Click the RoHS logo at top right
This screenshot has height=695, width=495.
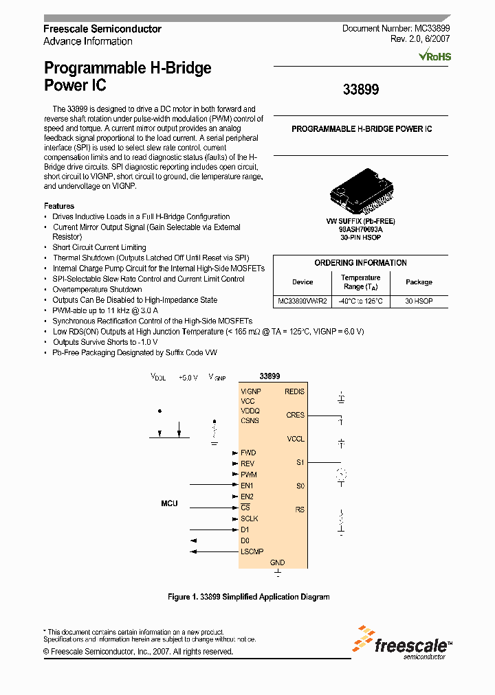(x=435, y=56)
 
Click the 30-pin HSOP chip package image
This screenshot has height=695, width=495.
(x=360, y=197)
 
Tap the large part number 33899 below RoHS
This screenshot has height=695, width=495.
(x=360, y=89)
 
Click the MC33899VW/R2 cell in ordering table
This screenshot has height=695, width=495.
(x=302, y=301)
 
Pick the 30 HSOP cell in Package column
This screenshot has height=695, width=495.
(x=419, y=301)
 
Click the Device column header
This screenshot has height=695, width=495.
(x=302, y=282)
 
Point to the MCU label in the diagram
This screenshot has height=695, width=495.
(x=169, y=503)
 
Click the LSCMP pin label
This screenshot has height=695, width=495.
(x=252, y=551)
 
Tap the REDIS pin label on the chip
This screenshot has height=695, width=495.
(x=294, y=391)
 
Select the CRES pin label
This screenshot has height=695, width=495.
(x=295, y=415)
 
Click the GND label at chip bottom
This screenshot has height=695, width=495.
(x=277, y=562)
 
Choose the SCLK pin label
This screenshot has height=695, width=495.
(x=250, y=519)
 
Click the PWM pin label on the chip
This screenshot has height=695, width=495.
(x=249, y=475)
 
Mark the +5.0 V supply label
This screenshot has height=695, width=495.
(x=188, y=377)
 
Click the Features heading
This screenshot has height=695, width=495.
(x=59, y=206)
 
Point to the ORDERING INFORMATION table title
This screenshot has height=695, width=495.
(x=360, y=263)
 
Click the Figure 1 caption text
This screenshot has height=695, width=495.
(x=248, y=597)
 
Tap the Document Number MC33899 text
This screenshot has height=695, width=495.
(x=396, y=29)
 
